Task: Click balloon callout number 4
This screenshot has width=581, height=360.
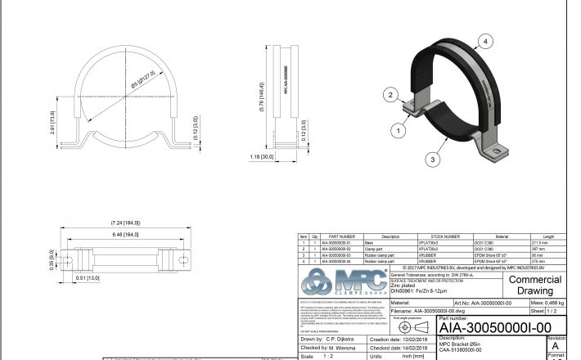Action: pyautogui.click(x=486, y=40)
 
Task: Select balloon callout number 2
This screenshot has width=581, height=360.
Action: pyautogui.click(x=392, y=95)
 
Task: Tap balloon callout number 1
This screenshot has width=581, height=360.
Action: pyautogui.click(x=399, y=129)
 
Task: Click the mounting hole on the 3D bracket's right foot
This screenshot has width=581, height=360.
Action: pyautogui.click(x=500, y=151)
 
